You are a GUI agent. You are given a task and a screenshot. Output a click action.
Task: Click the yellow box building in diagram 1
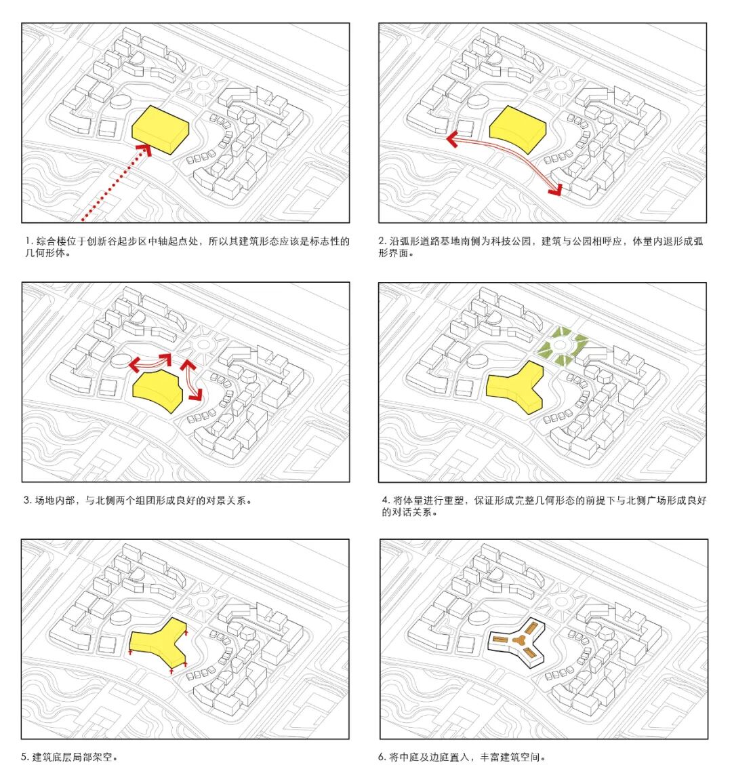tap(161, 130)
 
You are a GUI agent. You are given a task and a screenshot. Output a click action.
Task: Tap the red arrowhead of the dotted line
tap(144, 150)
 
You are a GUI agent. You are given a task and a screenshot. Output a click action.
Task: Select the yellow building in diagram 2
tap(518, 129)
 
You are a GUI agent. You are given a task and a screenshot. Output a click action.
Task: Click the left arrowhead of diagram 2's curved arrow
tap(453, 139)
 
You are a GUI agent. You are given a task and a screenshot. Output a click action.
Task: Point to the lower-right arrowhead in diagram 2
tap(556, 189)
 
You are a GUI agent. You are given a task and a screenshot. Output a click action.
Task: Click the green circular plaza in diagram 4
tap(563, 346)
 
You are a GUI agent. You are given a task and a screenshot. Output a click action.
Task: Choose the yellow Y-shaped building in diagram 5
tap(159, 644)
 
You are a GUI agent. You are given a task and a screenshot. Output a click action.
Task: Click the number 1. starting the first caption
tap(29, 241)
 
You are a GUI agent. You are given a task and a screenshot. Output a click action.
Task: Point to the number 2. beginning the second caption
tap(383, 241)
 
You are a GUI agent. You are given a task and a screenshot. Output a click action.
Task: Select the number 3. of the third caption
tap(27, 501)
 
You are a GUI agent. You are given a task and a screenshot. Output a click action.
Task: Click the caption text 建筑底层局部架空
tap(73, 757)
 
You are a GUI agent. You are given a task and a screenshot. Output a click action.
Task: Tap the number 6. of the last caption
tap(382, 757)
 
